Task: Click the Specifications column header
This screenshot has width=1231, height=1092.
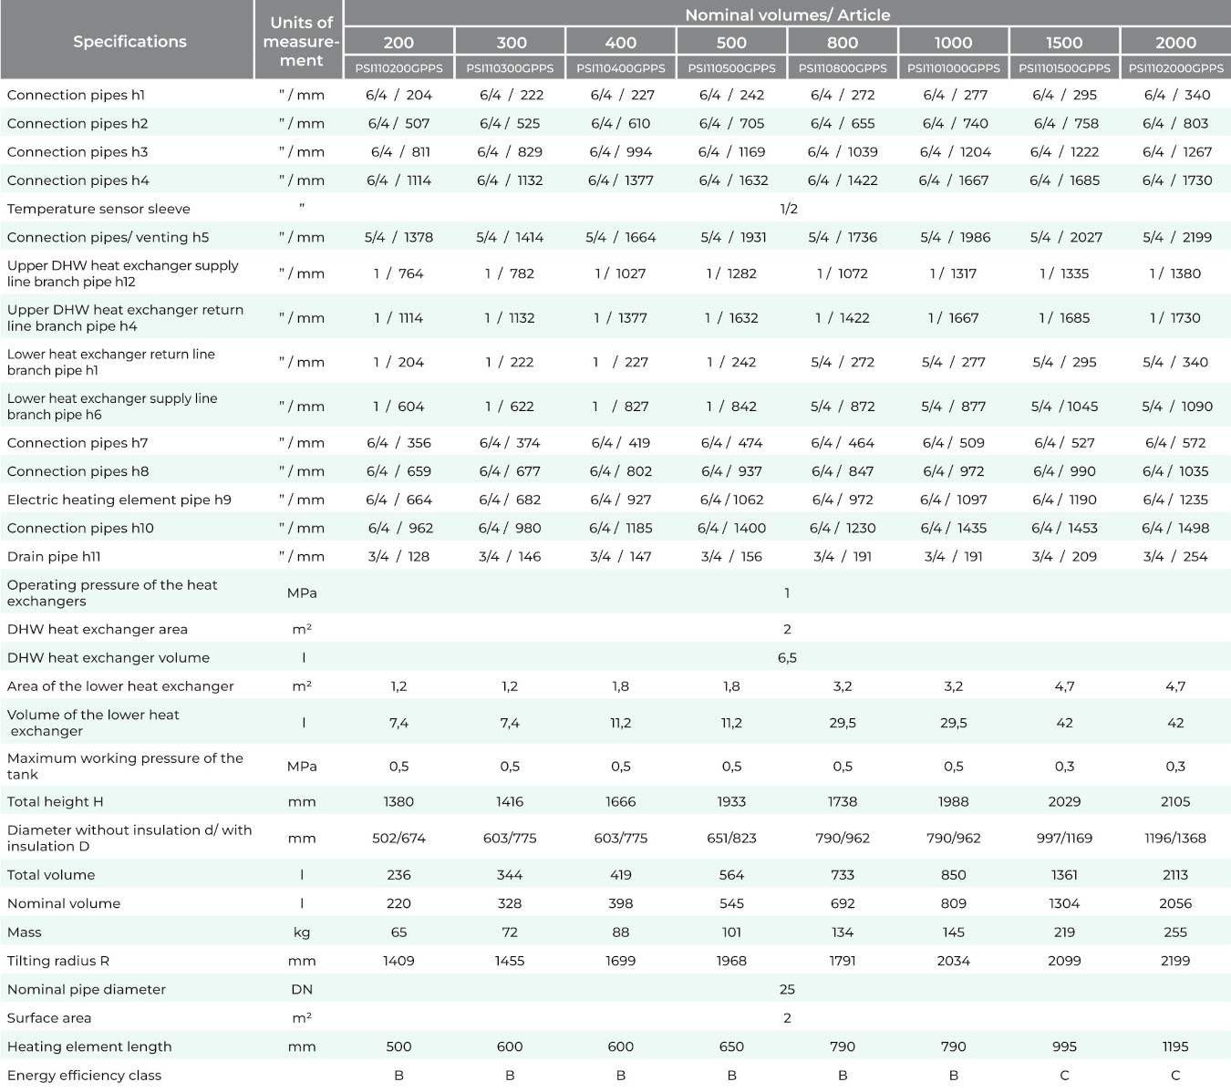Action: coord(129,41)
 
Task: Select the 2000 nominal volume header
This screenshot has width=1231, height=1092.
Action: coord(1175,43)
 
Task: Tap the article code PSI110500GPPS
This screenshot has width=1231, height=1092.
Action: coord(731,68)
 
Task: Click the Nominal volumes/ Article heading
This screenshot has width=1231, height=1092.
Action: coord(788,15)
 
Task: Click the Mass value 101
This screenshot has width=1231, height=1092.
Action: coord(731,932)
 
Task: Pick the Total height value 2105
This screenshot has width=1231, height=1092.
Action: coord(1175,802)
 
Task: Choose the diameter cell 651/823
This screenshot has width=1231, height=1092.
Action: coord(731,838)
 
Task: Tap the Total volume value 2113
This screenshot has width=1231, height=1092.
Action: coord(1175,874)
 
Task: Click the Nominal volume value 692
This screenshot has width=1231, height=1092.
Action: coord(843,903)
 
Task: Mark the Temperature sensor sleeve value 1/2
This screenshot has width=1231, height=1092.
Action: coord(789,209)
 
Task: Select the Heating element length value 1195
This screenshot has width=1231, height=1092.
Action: coord(1175,1046)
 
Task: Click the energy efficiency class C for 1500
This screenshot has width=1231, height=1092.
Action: coord(1064,1075)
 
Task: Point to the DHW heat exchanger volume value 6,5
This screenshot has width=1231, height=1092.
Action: coord(787,658)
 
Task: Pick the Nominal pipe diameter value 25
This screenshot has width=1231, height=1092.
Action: coord(787,989)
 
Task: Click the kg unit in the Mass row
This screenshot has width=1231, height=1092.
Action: coord(302,932)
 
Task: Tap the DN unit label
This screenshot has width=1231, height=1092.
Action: coord(302,989)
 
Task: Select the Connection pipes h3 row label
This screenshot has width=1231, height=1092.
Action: coord(78,152)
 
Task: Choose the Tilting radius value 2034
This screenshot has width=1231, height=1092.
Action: coord(953,960)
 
